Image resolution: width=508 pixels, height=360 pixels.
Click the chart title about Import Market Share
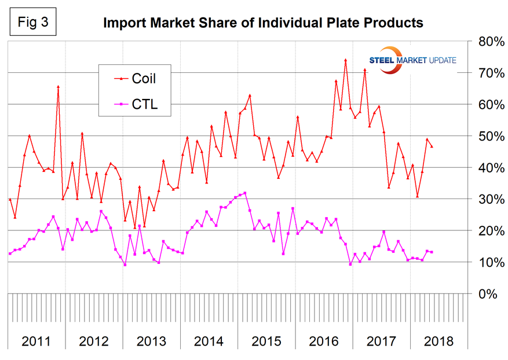(x=263, y=23)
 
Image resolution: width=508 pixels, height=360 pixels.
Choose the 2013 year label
(x=151, y=340)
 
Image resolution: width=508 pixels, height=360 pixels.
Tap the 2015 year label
(x=266, y=340)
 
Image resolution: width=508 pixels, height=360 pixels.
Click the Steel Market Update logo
(x=412, y=60)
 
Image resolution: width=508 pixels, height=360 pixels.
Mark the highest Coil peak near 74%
(x=345, y=60)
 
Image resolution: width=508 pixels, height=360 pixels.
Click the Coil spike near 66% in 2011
(x=58, y=87)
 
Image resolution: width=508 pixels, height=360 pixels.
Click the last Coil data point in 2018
(x=432, y=146)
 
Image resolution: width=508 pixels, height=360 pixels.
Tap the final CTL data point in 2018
(x=432, y=252)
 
